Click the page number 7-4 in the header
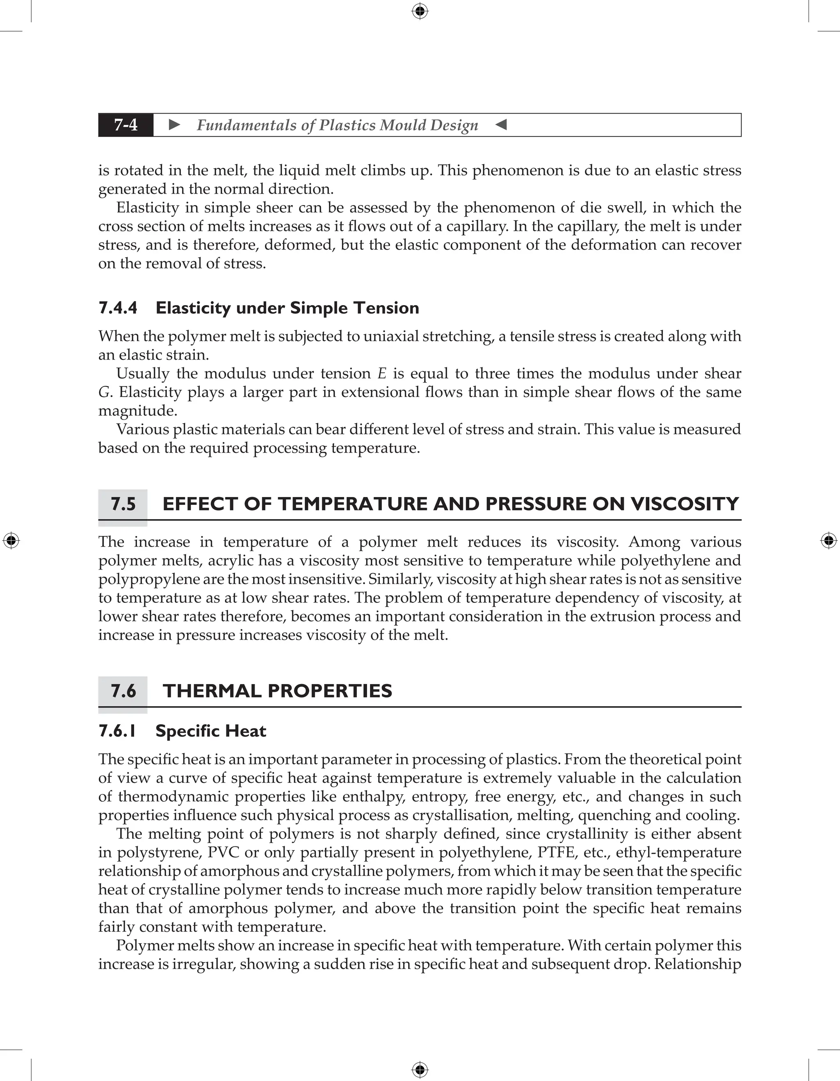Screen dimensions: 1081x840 tap(126, 125)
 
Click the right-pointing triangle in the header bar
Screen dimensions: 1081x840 tap(174, 125)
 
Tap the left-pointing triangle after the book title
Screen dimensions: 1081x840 tap(501, 125)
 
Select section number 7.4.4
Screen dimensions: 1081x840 tap(118, 308)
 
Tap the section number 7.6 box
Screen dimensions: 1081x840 tap(123, 691)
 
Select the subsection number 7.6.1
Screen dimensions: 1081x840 tap(117, 731)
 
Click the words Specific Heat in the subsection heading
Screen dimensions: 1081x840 tap(211, 731)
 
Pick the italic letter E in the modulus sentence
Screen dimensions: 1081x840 tap(381, 374)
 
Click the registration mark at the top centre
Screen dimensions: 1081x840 tap(420, 11)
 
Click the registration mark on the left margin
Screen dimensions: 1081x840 tap(11, 540)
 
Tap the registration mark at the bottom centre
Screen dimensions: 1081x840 tap(420, 1070)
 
